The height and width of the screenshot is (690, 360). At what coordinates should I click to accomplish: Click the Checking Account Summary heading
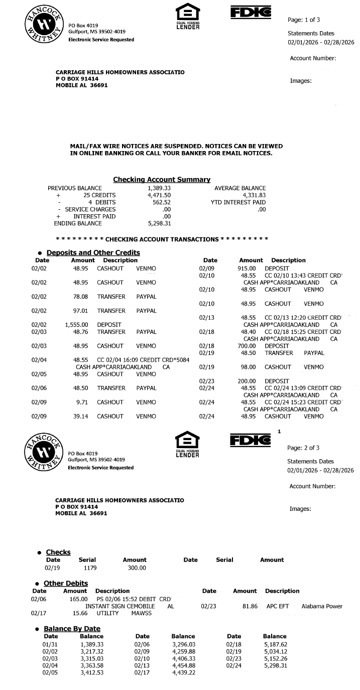click(x=161, y=180)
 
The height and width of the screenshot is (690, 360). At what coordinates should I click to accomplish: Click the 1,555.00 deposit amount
click(x=76, y=325)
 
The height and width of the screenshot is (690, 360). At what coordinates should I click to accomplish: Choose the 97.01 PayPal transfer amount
click(x=80, y=311)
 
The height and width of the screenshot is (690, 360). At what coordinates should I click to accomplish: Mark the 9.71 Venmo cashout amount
click(x=82, y=402)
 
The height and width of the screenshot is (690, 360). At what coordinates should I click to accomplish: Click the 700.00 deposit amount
click(x=247, y=346)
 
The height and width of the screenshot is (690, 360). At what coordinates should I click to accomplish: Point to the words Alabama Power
click(x=322, y=606)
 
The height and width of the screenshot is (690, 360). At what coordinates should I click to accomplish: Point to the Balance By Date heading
click(x=72, y=629)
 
